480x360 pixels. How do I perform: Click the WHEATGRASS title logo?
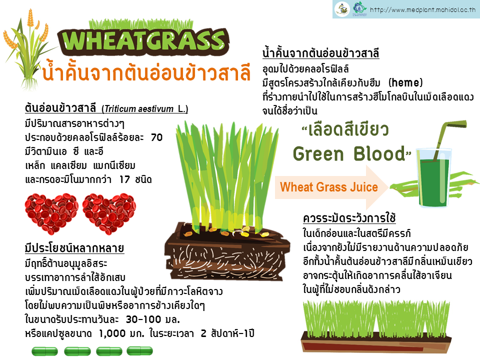pyautogui.click(x=143, y=40)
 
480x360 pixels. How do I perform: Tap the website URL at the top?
pyautogui.click(x=423, y=10)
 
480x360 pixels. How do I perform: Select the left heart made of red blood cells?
pyautogui.click(x=51, y=213)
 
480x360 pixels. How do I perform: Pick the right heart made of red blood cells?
pyautogui.click(x=109, y=213)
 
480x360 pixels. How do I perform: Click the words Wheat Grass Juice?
pyautogui.click(x=329, y=187)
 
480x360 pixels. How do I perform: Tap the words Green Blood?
pyautogui.click(x=349, y=153)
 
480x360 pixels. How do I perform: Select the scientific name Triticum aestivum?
pyautogui.click(x=138, y=109)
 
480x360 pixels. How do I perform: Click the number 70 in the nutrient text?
pyautogui.click(x=156, y=137)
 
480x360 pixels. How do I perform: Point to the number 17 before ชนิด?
pyautogui.click(x=124, y=179)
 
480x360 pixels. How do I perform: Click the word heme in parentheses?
pyautogui.click(x=405, y=82)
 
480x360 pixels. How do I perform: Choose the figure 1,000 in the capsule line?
pyautogui.click(x=112, y=333)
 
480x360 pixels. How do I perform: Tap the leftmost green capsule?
pyautogui.click(x=44, y=351)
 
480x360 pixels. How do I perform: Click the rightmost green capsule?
pyautogui.click(x=140, y=351)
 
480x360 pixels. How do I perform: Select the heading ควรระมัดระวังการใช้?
pyautogui.click(x=349, y=218)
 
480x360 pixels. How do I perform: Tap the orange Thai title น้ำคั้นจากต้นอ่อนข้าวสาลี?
pyautogui.click(x=146, y=73)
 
